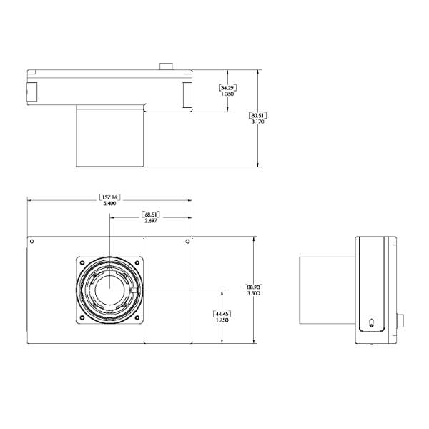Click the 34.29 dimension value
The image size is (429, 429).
click(x=227, y=88)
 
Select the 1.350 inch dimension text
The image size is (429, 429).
click(x=227, y=94)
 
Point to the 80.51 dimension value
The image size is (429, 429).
click(x=257, y=115)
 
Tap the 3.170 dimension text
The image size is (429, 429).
click(x=257, y=122)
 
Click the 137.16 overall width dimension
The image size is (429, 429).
click(x=109, y=197)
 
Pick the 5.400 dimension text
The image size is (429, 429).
click(x=109, y=204)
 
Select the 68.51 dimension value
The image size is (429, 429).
click(x=151, y=214)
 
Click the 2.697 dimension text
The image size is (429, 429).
click(x=151, y=221)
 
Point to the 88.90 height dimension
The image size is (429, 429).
click(x=254, y=287)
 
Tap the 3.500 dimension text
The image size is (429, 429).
click(x=254, y=294)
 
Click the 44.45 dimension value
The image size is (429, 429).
click(x=222, y=314)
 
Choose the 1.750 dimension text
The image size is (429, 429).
click(x=222, y=320)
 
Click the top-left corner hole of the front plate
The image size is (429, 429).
click(x=31, y=242)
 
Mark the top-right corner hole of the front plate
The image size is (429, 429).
click(x=187, y=242)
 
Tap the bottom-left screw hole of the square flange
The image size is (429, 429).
click(x=82, y=317)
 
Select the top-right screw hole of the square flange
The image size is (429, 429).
click(x=137, y=262)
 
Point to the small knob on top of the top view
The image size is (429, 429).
click(x=166, y=66)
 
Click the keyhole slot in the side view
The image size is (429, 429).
click(x=371, y=323)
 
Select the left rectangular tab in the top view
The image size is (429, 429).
click(x=32, y=92)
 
